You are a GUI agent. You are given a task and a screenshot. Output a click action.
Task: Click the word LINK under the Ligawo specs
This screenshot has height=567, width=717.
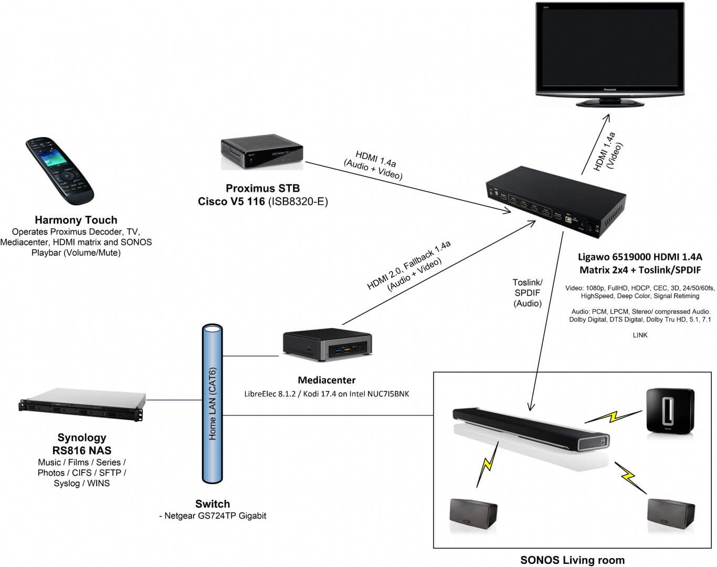click(640, 335)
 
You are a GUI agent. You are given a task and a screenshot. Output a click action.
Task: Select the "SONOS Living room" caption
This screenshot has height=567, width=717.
click(572, 560)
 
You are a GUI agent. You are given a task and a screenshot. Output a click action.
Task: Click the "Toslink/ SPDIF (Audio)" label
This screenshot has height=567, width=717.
click(528, 293)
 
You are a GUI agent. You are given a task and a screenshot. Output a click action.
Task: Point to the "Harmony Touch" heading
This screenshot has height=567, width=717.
click(76, 220)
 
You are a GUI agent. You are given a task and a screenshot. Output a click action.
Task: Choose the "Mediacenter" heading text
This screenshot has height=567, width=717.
click(326, 380)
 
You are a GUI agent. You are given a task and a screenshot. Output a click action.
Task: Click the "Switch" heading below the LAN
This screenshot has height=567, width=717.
click(213, 503)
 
